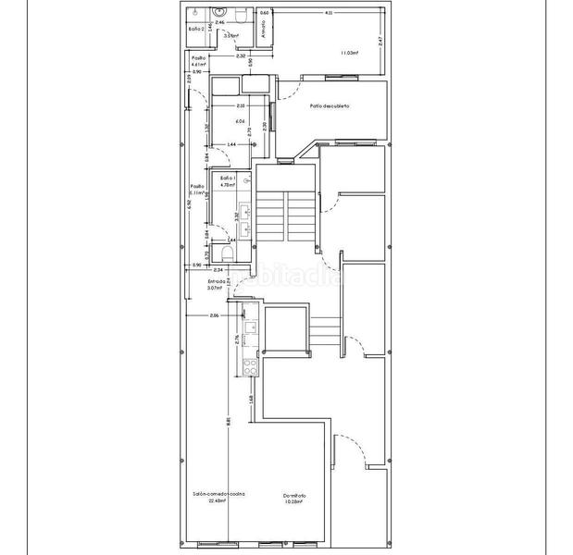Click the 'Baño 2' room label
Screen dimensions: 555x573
point(194,30)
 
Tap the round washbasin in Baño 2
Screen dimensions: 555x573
point(220,11)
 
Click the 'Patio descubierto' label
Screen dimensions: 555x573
point(330,106)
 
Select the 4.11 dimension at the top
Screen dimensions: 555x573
point(329,13)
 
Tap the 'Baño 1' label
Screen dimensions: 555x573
point(228,177)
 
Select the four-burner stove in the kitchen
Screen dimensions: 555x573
point(248,366)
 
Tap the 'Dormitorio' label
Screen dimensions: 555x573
point(294,496)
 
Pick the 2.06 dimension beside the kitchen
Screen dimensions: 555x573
point(214,316)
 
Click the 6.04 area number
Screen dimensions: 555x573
point(240,121)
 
